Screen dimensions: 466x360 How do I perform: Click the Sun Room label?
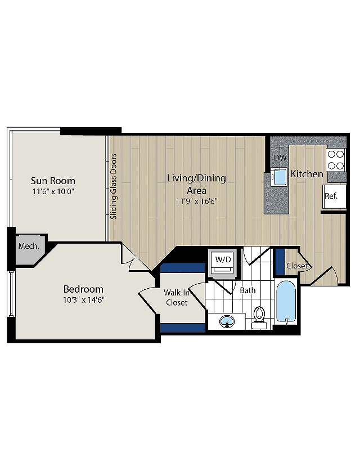(53, 181)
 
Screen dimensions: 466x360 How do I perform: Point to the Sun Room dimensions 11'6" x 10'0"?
(53, 191)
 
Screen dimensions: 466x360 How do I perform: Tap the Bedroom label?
(83, 289)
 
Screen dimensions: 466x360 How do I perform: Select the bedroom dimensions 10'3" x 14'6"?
(83, 300)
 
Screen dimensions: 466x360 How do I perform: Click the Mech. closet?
(28, 247)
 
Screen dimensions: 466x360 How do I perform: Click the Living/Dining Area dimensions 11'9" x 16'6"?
(196, 201)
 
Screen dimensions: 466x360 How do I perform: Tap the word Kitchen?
(307, 174)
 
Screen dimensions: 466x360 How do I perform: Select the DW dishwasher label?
(280, 158)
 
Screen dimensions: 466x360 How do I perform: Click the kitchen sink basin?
(279, 177)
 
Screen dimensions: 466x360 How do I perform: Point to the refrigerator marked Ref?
(332, 196)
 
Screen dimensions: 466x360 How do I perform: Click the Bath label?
(247, 291)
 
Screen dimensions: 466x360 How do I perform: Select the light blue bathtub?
(287, 302)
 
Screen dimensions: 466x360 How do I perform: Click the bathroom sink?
(227, 322)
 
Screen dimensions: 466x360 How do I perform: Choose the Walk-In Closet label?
(176, 298)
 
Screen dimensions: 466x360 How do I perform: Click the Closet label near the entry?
(296, 266)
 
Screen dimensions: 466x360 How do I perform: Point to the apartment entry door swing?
(325, 276)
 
